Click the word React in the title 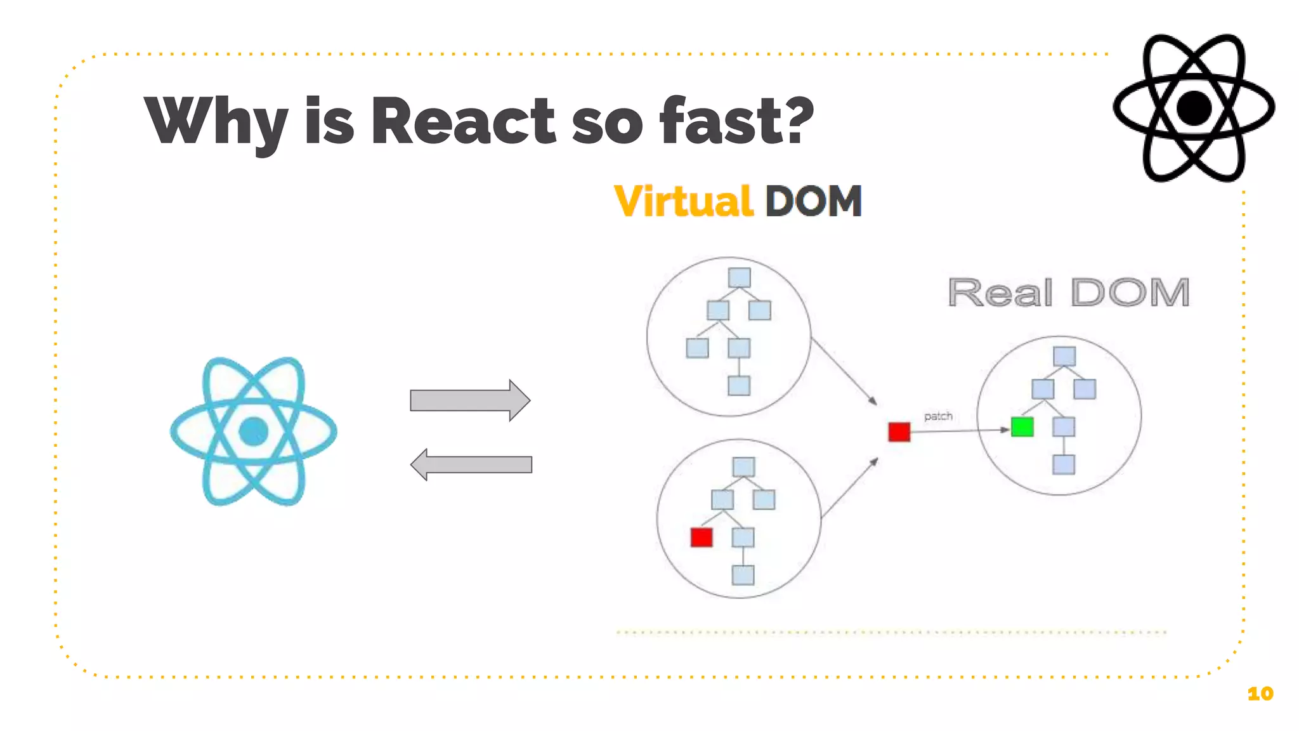(463, 121)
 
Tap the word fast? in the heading (736, 121)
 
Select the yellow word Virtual (684, 202)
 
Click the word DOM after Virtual (814, 202)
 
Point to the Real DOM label (1068, 293)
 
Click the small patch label (938, 416)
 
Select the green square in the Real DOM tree (1022, 426)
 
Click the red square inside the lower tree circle (701, 537)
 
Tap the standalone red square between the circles (899, 432)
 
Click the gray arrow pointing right (469, 400)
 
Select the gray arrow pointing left (471, 464)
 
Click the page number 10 (1260, 694)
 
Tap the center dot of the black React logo (1194, 108)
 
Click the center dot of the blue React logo (254, 431)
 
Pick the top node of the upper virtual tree (739, 277)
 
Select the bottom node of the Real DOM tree (1064, 464)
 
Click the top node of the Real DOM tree (1064, 356)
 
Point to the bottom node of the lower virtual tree (743, 575)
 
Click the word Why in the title (216, 121)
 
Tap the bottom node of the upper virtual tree (739, 385)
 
